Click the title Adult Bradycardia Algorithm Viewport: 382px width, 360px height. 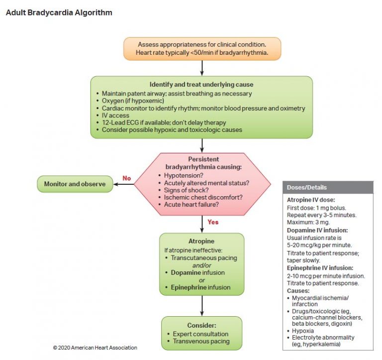tap(59, 12)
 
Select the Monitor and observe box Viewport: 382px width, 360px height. tap(75, 184)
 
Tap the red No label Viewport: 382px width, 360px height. tap(126, 178)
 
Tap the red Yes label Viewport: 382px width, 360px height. tap(213, 222)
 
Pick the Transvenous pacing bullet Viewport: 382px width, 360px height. tap(201, 341)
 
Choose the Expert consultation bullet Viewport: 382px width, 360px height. tap(200, 334)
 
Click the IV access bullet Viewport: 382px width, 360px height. tap(115, 116)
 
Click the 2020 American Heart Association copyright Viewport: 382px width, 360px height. tap(95, 348)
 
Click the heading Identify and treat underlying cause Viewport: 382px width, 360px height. tap(201, 84)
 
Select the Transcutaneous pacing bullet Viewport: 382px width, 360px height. tap(204, 258)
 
